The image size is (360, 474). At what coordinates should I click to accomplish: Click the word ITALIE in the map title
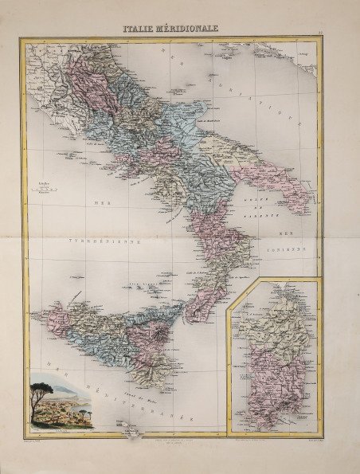(x=139, y=28)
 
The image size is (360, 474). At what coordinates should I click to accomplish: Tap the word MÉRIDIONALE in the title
(x=188, y=28)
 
